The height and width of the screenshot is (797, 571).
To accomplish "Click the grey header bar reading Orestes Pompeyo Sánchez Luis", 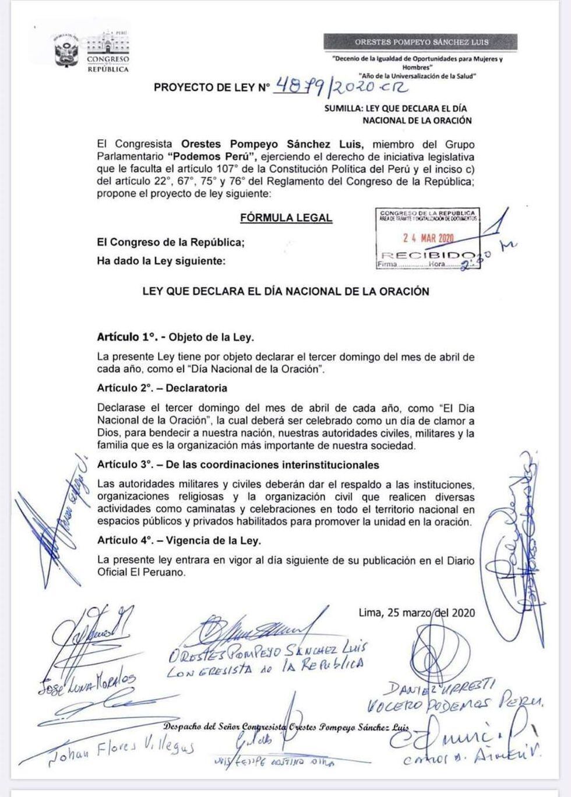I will tap(414, 42).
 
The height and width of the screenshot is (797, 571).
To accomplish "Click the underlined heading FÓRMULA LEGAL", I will tap(286, 218).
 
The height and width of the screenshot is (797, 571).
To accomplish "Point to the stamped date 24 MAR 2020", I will tap(428, 238).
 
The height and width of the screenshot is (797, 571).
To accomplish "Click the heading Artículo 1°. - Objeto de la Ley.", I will tap(175, 337).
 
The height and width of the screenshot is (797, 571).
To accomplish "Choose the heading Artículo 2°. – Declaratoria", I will tap(162, 388).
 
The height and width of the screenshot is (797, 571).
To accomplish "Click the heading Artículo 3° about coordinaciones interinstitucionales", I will tap(238, 465).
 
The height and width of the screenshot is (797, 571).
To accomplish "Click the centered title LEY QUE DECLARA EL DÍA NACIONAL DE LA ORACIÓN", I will tap(285, 291).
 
